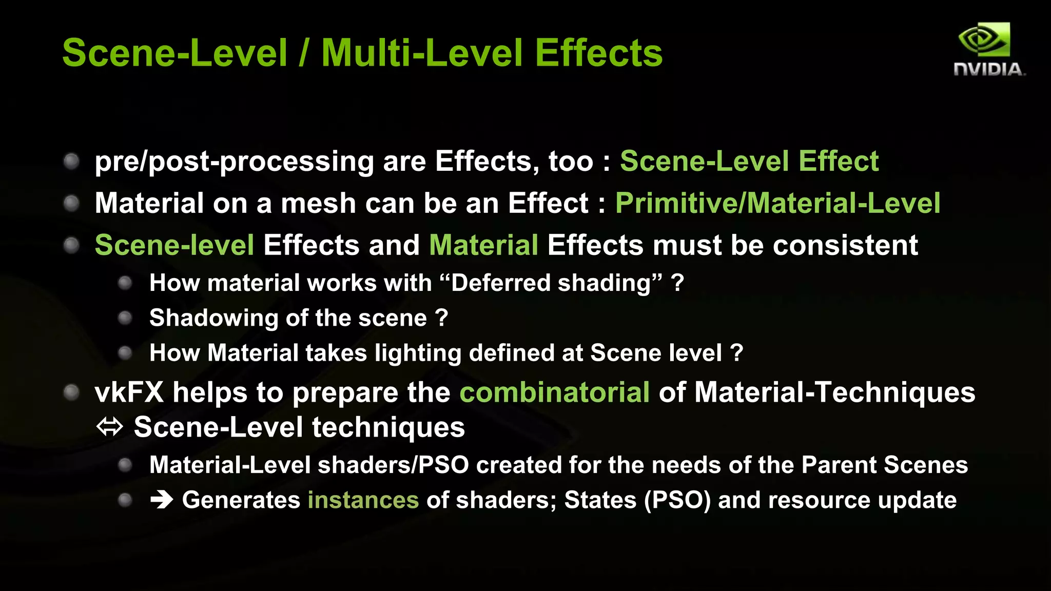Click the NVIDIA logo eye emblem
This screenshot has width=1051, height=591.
click(x=984, y=40)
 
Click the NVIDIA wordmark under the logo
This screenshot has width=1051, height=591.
click(x=988, y=69)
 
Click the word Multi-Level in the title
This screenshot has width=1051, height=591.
click(x=422, y=53)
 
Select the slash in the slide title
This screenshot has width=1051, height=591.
click(x=304, y=53)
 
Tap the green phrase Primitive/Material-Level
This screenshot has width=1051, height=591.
click(x=777, y=203)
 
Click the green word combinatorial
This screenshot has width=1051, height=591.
click(x=554, y=392)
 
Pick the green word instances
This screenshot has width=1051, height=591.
click(x=363, y=500)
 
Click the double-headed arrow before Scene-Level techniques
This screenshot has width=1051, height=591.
click(x=110, y=426)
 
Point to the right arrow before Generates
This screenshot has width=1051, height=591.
click(x=162, y=500)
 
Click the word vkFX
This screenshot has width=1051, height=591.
click(x=129, y=392)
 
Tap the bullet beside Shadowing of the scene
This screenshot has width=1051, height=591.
click(x=125, y=318)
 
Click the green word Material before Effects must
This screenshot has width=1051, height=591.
click(x=483, y=245)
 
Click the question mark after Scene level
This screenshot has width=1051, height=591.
click(x=736, y=353)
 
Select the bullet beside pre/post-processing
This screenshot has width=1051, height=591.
click(x=71, y=162)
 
